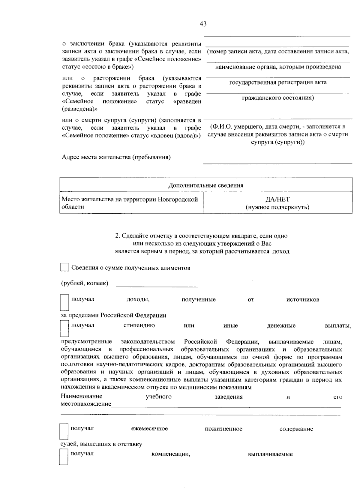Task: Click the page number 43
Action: (203, 24)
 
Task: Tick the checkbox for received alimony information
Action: (64, 267)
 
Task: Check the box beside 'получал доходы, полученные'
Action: (64, 302)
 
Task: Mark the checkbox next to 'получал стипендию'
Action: (64, 328)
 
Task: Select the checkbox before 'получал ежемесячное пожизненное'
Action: (64, 431)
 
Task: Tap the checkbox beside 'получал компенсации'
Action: (64, 457)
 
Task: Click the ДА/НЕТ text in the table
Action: (277, 199)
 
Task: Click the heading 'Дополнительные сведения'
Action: (206, 185)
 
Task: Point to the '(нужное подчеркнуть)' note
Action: (277, 207)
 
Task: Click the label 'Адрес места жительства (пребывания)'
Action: (116, 157)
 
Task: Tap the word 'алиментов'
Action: (176, 268)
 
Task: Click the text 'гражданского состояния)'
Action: (278, 98)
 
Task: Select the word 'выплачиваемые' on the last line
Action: (270, 454)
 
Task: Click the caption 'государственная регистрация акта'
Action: (278, 82)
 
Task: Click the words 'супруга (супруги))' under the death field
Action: (278, 142)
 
